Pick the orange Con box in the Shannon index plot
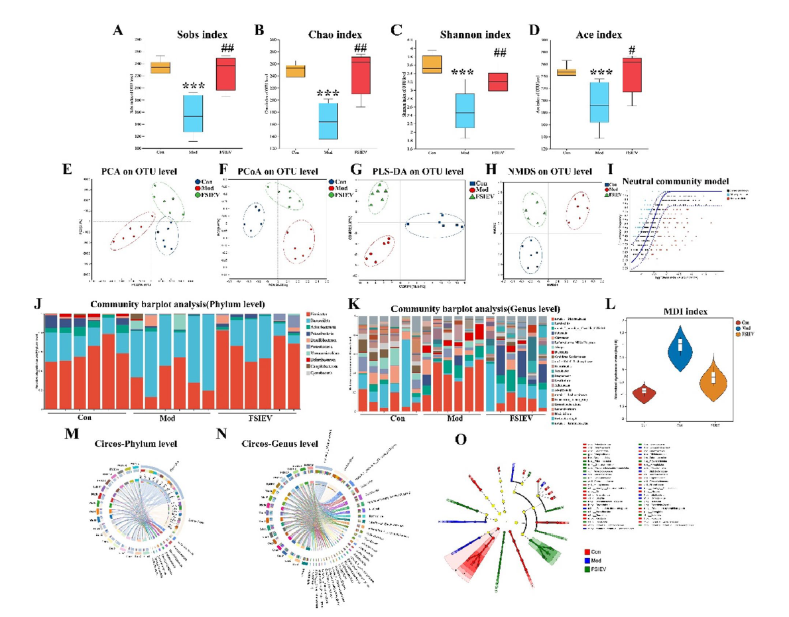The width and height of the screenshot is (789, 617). point(432,65)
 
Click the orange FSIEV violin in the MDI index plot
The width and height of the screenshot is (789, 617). point(714,379)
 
